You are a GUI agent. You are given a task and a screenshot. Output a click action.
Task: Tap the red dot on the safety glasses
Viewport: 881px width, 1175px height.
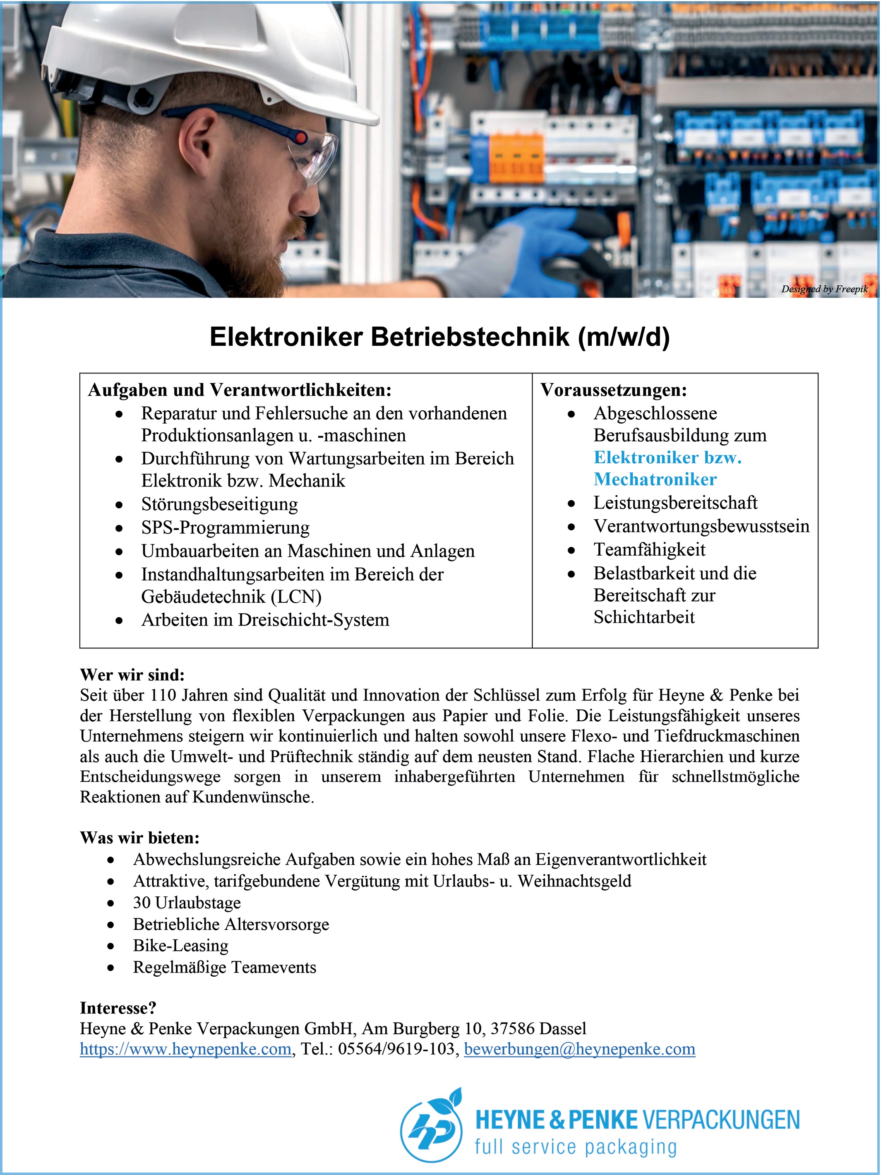pyautogui.click(x=300, y=138)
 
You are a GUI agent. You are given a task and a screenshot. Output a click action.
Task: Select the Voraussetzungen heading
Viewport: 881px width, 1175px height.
pyautogui.click(x=613, y=390)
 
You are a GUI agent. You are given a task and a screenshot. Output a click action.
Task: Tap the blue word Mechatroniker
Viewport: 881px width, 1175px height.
pyautogui.click(x=655, y=479)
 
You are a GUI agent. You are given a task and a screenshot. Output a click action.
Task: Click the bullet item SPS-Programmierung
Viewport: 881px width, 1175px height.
pyautogui.click(x=225, y=527)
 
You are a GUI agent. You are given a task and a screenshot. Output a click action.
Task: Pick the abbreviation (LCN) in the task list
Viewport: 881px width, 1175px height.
pyautogui.click(x=296, y=597)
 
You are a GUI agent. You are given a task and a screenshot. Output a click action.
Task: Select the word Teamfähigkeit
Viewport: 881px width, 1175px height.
pyautogui.click(x=649, y=549)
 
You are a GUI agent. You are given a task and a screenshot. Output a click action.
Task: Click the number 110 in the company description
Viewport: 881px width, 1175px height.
pyautogui.click(x=163, y=695)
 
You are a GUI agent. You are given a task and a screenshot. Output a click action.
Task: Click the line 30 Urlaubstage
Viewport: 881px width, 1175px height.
pyautogui.click(x=187, y=902)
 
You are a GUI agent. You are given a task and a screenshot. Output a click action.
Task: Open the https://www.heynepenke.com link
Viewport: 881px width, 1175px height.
pyautogui.click(x=186, y=1049)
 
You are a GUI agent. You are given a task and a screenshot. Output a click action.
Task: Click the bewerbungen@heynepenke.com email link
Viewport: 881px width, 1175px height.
pyautogui.click(x=579, y=1049)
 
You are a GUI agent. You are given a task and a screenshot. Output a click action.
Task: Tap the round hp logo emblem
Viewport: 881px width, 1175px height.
pyautogui.click(x=431, y=1126)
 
